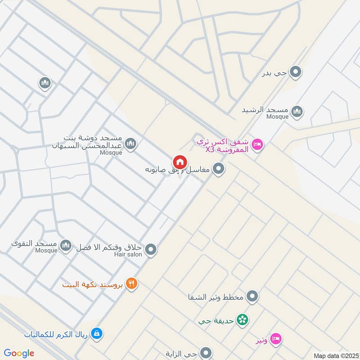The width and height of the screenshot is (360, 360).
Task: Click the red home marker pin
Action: [x=180, y=162]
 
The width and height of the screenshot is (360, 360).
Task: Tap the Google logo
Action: [x=19, y=353]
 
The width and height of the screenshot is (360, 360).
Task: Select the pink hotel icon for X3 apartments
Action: [x=258, y=144]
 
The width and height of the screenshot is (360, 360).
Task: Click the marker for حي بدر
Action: [x=295, y=72]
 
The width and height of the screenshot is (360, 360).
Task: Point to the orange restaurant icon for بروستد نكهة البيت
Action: [x=131, y=283]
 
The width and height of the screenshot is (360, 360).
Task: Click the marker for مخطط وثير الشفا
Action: [x=253, y=297]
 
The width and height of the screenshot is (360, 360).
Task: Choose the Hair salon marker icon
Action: [x=151, y=249]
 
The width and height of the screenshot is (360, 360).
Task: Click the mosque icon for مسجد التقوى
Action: [x=66, y=245]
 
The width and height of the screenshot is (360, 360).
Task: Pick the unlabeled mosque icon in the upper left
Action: [x=45, y=83]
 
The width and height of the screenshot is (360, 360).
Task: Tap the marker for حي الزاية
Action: [x=206, y=352]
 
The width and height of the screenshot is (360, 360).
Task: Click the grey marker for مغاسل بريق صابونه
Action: [x=219, y=169]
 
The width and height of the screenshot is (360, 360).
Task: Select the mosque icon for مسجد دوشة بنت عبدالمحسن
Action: [x=131, y=144]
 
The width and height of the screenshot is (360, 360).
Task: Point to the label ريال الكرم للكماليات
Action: [x=57, y=334]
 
